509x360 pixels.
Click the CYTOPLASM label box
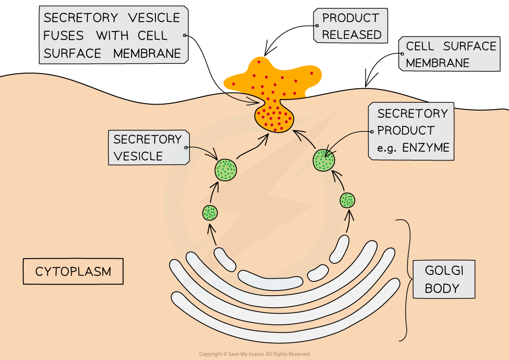pos(73,271)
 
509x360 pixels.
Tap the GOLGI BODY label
pos(444,279)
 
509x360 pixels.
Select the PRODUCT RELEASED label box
pos(351,26)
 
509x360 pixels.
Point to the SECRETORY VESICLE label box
pos(148,148)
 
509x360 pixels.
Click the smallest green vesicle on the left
pos(210,213)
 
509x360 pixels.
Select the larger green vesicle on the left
pos(226,169)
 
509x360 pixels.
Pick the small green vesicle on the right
pos(348,200)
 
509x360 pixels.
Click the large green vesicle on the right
pos(324,160)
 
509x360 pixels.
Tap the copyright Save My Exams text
pos(254,354)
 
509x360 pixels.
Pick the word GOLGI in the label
pos(444,270)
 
